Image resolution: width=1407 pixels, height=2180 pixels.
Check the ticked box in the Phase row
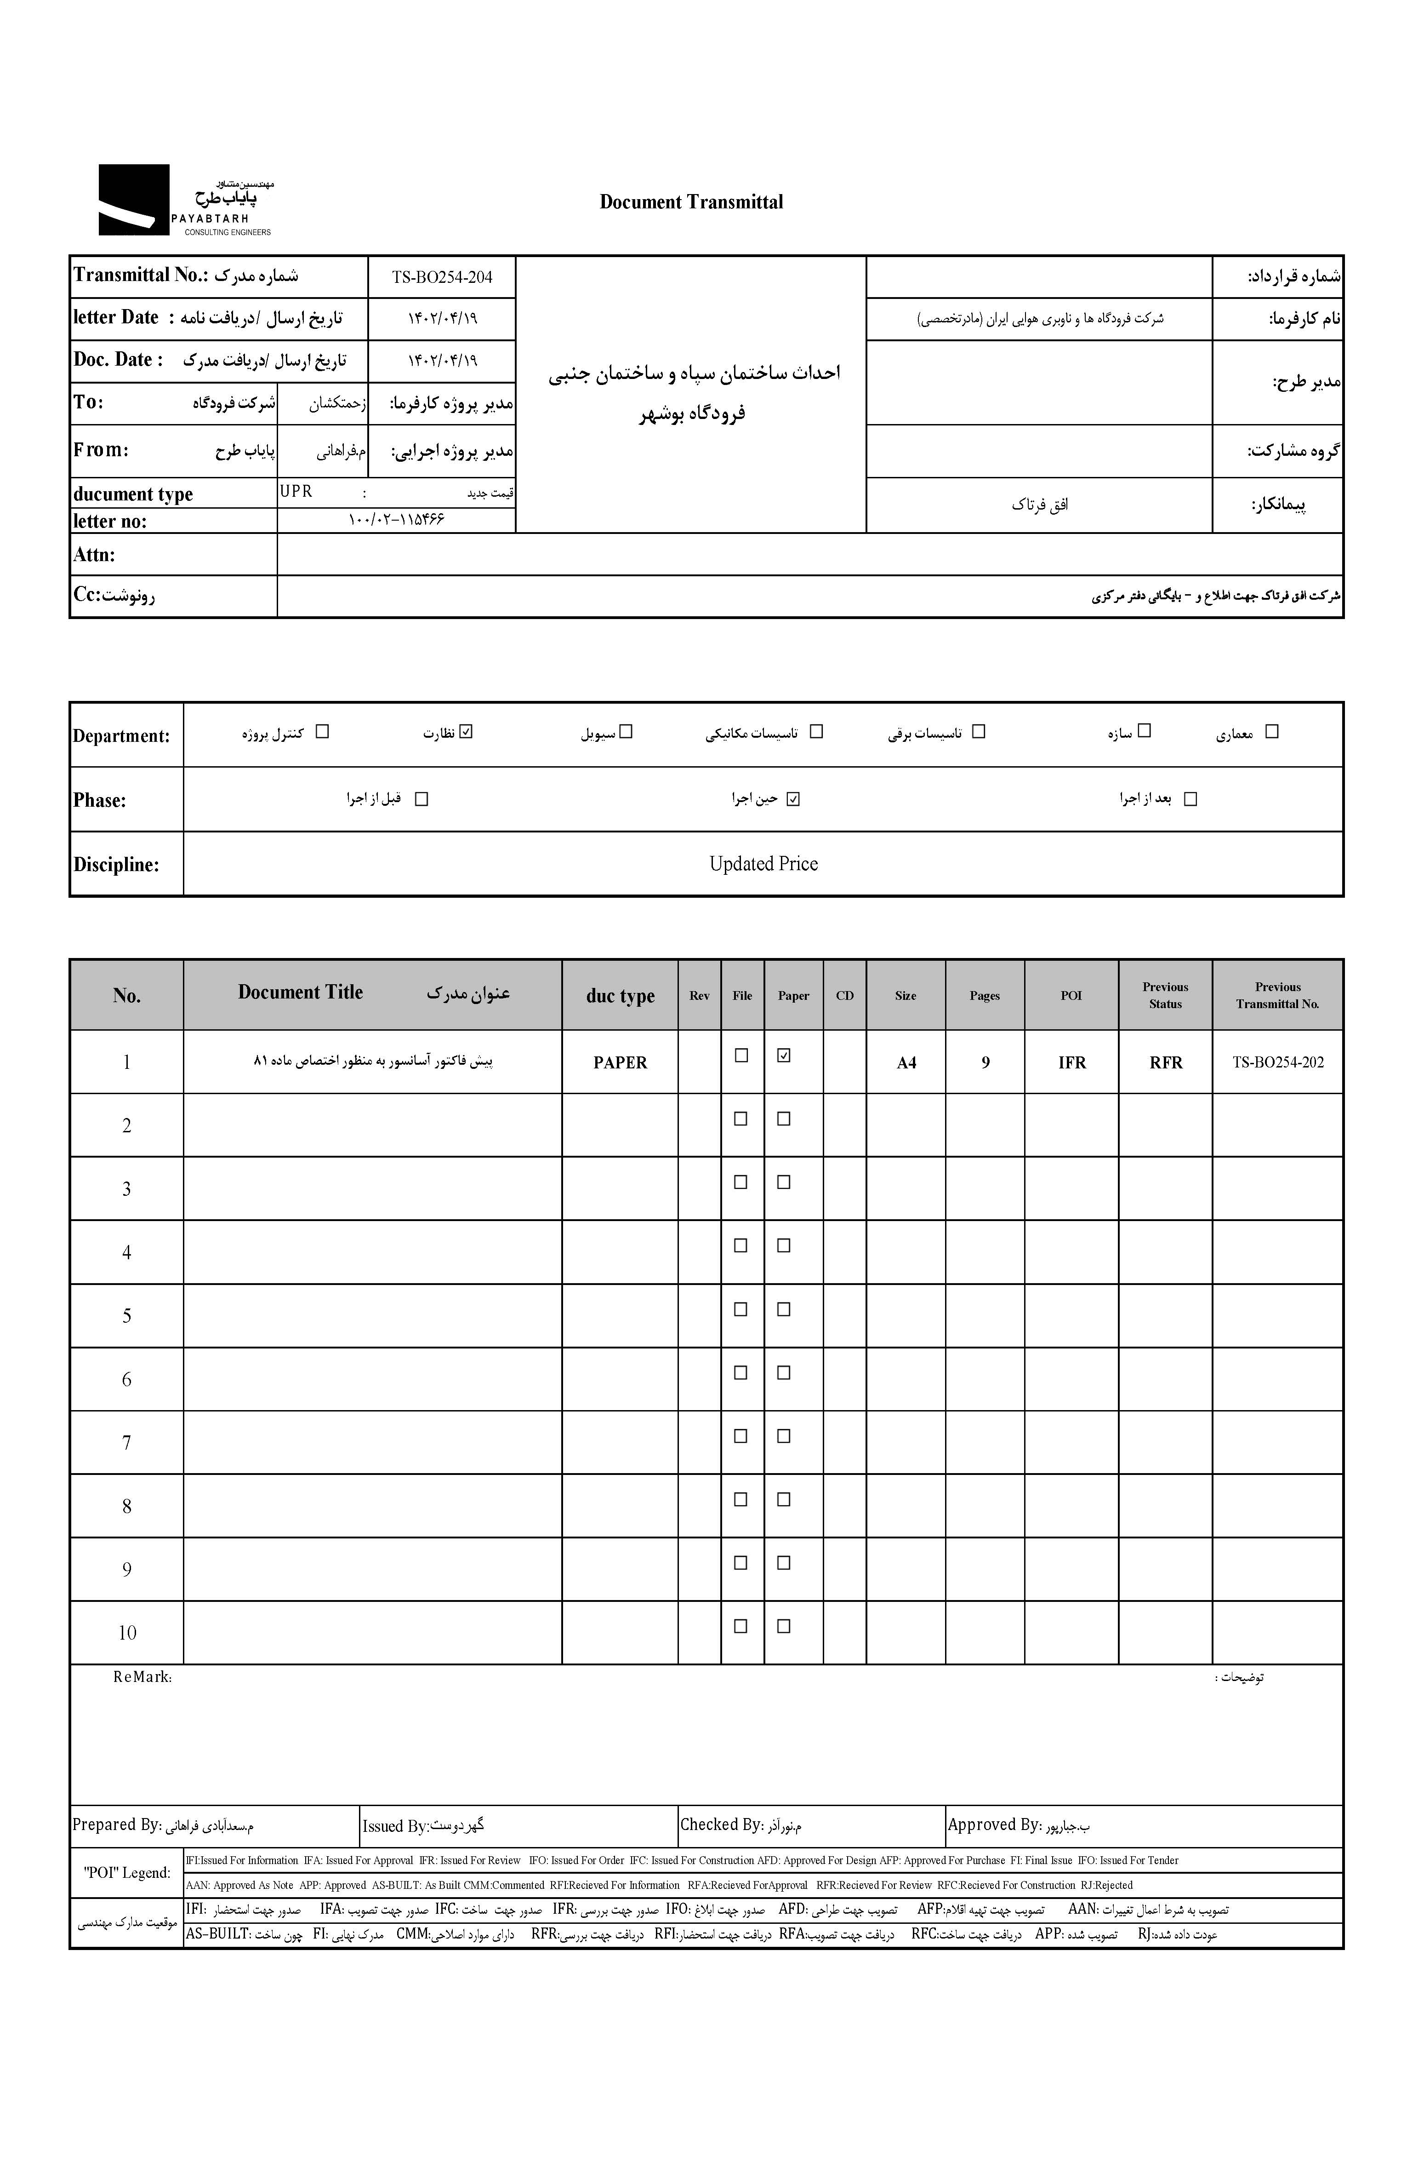point(793,799)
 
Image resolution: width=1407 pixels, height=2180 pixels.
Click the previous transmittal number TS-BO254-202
point(1277,1062)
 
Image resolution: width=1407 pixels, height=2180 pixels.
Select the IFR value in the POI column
point(1072,1062)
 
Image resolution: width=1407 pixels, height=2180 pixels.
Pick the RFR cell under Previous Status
point(1166,1062)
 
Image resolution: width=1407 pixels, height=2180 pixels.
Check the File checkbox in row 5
point(741,1309)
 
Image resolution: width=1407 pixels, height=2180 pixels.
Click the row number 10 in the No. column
point(127,1633)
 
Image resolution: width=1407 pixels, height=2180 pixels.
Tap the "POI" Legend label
point(127,1872)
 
